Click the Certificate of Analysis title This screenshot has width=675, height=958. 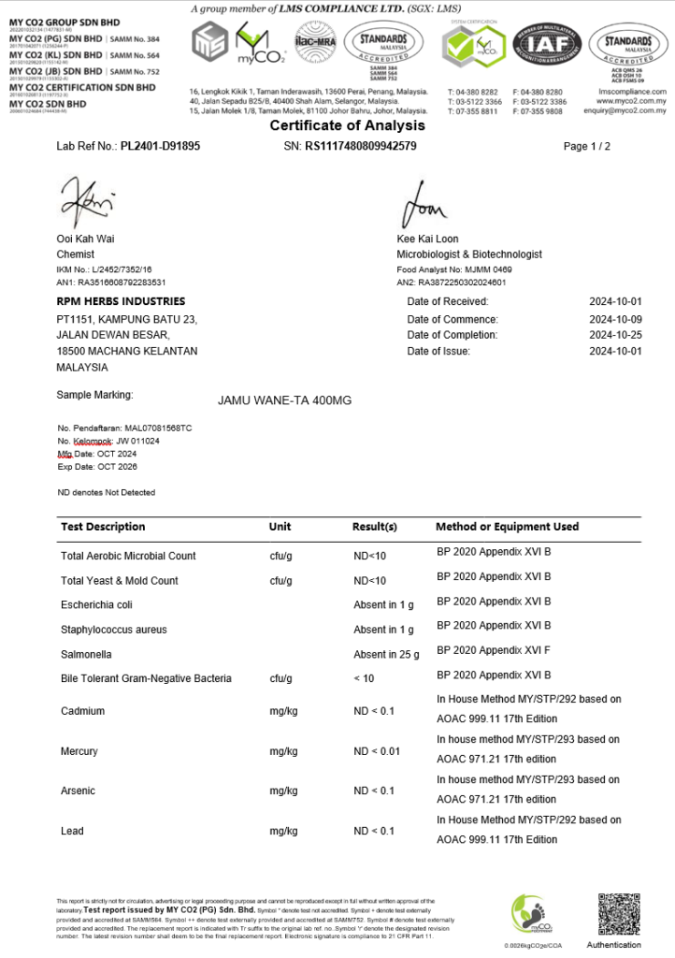pyautogui.click(x=347, y=125)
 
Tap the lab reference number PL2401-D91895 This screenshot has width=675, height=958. pyautogui.click(x=160, y=147)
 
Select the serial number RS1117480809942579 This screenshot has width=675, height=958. pyautogui.click(x=361, y=147)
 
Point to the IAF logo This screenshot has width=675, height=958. pyautogui.click(x=550, y=44)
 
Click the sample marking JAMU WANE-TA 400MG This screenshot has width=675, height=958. pyautogui.click(x=284, y=400)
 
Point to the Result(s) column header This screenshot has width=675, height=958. pyautogui.click(x=374, y=527)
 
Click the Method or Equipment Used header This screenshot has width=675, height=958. pyautogui.click(x=507, y=527)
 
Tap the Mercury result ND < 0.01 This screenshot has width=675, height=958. pyautogui.click(x=377, y=752)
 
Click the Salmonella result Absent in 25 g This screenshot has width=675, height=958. pyautogui.click(x=386, y=654)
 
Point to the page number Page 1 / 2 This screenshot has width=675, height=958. pyautogui.click(x=587, y=147)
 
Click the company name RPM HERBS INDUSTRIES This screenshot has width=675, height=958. pyautogui.click(x=121, y=301)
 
